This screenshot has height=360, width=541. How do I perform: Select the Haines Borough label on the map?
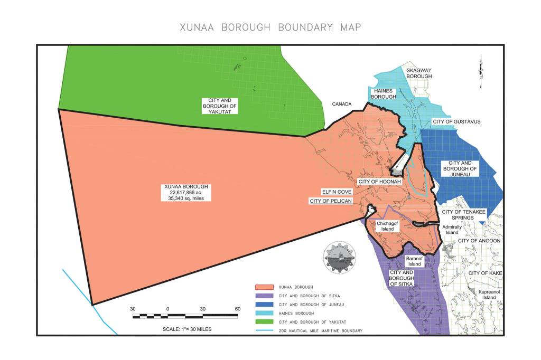(383, 93)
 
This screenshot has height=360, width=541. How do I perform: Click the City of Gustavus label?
(456, 121)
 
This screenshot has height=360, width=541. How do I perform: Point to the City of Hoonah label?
(380, 182)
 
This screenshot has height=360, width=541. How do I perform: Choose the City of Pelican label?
(331, 201)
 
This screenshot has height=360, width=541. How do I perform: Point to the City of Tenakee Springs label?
(463, 215)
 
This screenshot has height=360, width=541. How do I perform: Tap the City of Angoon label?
(479, 241)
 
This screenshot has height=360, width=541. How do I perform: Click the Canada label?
(342, 105)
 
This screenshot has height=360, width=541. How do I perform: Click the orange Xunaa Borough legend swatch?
(266, 287)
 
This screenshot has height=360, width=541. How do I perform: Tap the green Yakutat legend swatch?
(266, 322)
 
